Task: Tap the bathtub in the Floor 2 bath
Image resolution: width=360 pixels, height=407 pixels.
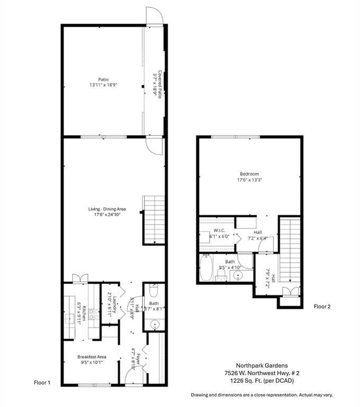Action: coord(206,268)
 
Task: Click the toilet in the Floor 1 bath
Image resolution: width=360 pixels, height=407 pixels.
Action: coord(153,291)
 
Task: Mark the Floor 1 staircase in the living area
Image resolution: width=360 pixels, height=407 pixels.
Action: coord(153,219)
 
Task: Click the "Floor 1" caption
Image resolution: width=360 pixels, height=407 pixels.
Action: coord(42,382)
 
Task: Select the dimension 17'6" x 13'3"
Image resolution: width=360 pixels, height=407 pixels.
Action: coord(249,180)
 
